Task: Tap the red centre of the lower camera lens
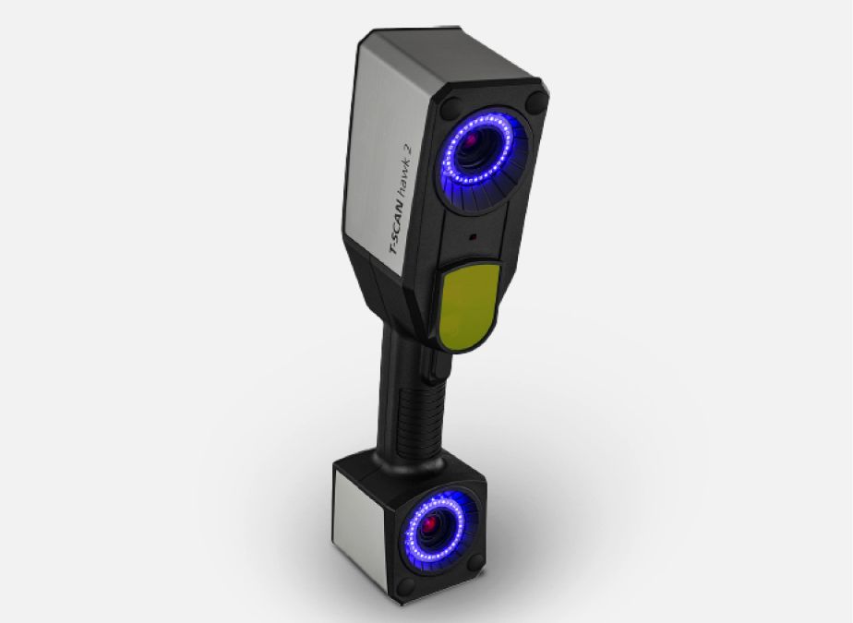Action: [x=431, y=524]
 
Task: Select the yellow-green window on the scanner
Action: [x=468, y=305]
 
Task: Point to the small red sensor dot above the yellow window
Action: [x=473, y=237]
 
